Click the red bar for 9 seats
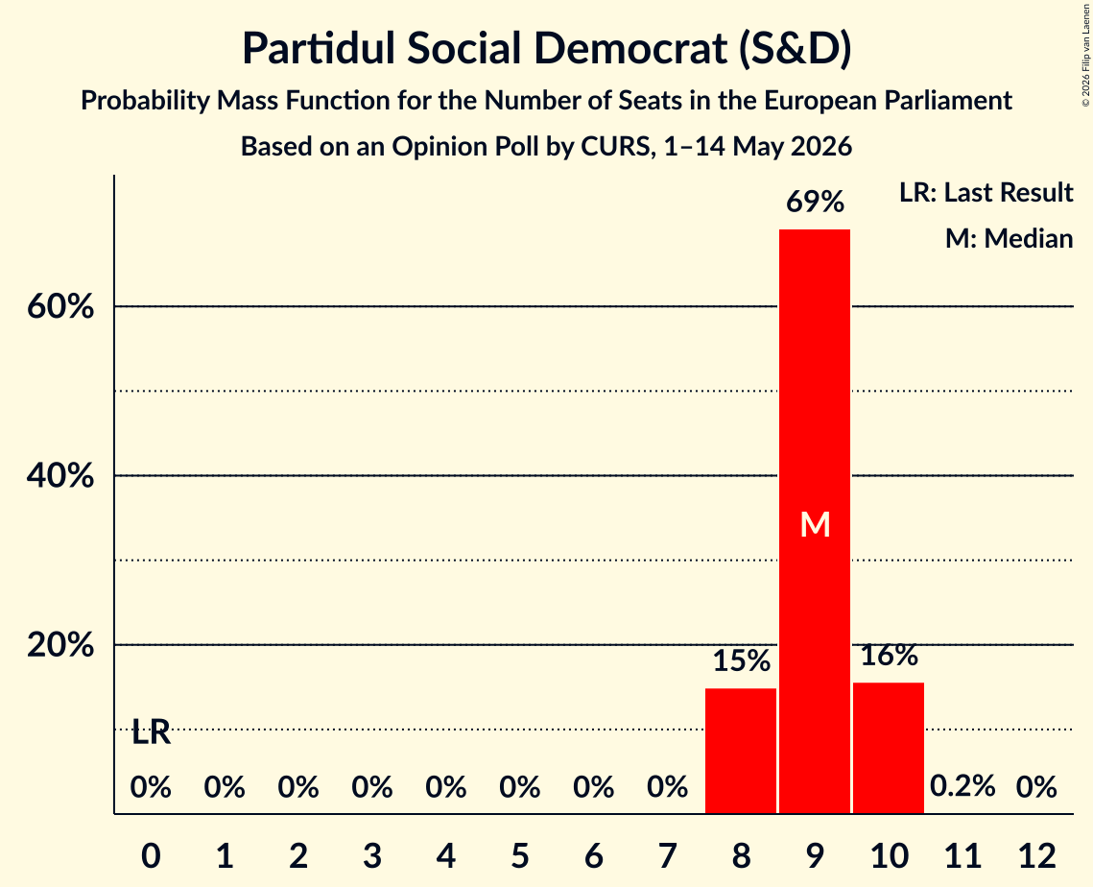(814, 521)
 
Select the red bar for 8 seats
(740, 751)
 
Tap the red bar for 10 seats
(888, 748)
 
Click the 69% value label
(815, 203)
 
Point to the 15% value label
(741, 660)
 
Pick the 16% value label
(889, 656)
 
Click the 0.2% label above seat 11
(962, 786)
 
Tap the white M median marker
(815, 524)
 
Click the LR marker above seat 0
(152, 732)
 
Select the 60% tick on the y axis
(59, 306)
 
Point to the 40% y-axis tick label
(59, 475)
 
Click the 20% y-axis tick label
(59, 645)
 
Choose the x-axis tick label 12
(1036, 855)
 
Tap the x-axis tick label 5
(520, 855)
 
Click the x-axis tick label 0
(152, 855)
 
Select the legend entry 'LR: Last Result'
(986, 192)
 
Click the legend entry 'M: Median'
(1009, 238)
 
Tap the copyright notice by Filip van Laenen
(1085, 55)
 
